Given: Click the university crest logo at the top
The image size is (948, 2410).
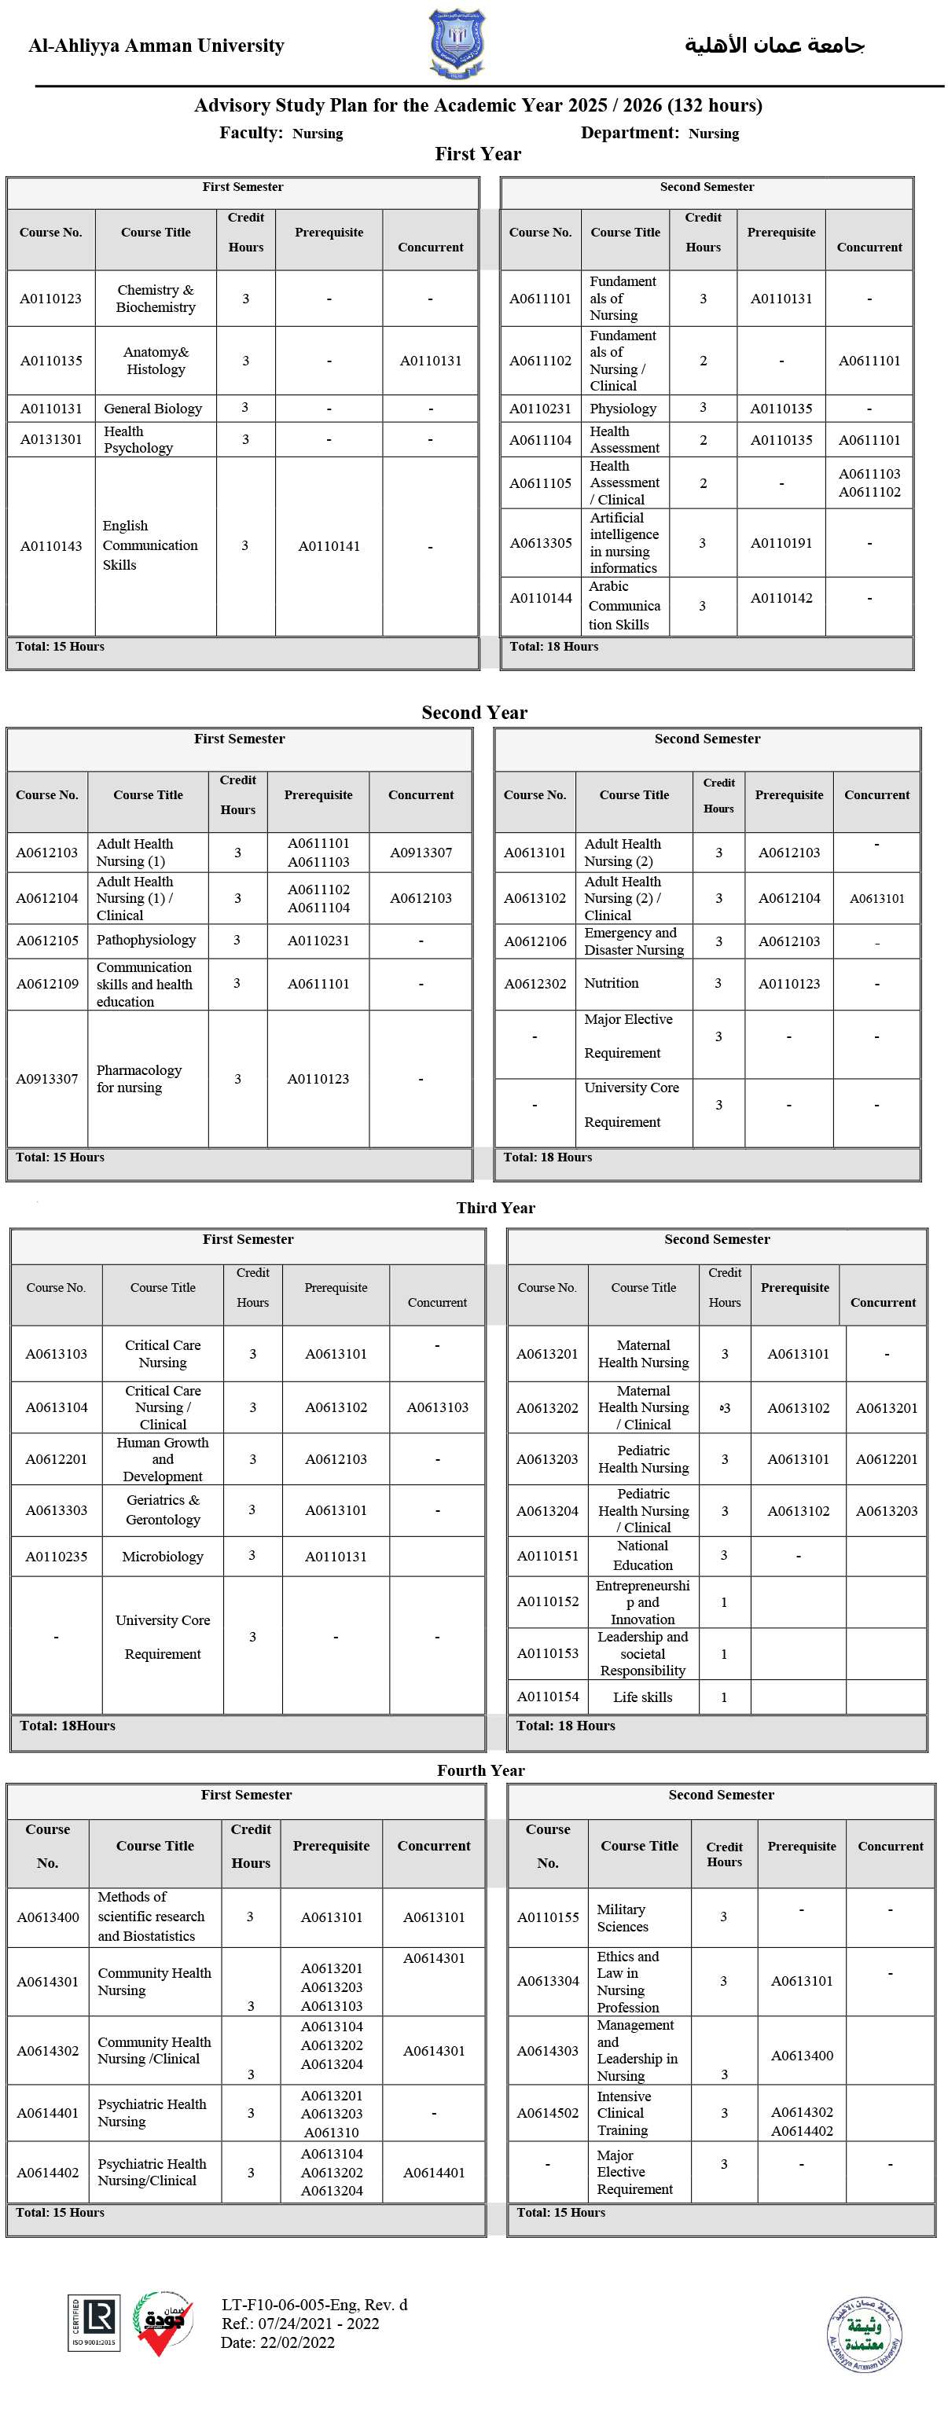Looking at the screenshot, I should [457, 43].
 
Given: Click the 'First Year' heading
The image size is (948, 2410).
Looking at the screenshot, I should [477, 154].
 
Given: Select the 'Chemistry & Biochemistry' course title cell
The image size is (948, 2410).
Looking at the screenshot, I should [156, 299].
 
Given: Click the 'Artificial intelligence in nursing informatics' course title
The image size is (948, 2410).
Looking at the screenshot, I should [623, 543].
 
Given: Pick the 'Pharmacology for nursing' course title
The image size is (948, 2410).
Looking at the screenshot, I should [138, 1079].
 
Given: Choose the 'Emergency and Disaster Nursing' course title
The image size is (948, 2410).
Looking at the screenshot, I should [634, 941].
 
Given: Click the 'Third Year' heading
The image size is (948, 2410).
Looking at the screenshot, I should [495, 1208].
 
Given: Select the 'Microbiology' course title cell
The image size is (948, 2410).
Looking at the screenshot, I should [162, 1557].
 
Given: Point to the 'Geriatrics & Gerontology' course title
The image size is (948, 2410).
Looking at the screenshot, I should [163, 1510].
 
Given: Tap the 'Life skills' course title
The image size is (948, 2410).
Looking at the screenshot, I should [642, 1697].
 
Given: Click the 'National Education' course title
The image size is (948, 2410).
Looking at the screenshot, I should [642, 1556].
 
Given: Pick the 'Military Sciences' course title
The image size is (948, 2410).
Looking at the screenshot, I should [623, 1918].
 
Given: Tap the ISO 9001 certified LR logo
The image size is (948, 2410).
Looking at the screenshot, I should [94, 2322].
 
